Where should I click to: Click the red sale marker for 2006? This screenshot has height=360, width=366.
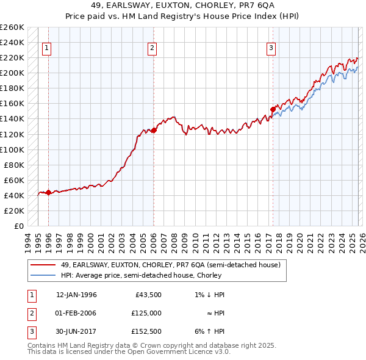[154, 130]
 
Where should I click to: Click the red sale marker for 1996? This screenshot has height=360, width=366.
[48, 193]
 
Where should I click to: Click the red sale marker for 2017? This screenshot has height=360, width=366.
[273, 109]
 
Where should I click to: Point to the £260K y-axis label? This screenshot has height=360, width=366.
[12, 27]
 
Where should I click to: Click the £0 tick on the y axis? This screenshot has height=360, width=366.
[20, 226]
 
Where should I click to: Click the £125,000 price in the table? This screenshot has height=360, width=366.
[146, 313]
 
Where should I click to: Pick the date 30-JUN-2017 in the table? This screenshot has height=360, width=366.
[76, 331]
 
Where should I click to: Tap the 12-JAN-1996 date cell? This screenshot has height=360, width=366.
[76, 295]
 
